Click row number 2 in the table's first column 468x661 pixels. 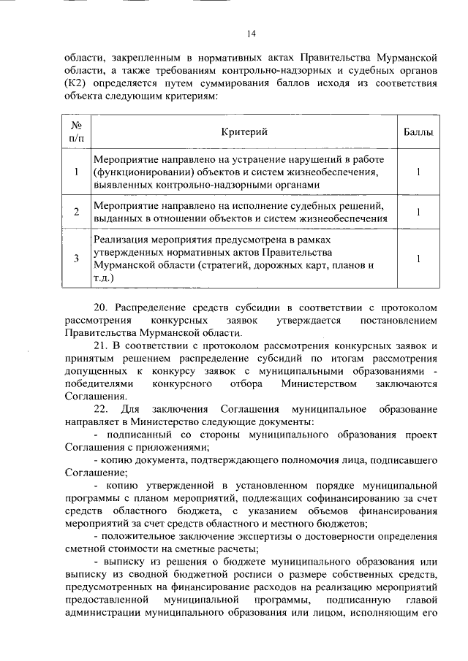pos(76,212)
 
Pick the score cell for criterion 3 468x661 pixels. pos(418,258)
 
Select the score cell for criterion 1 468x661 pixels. pos(418,172)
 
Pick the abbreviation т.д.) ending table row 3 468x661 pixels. pos(103,278)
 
